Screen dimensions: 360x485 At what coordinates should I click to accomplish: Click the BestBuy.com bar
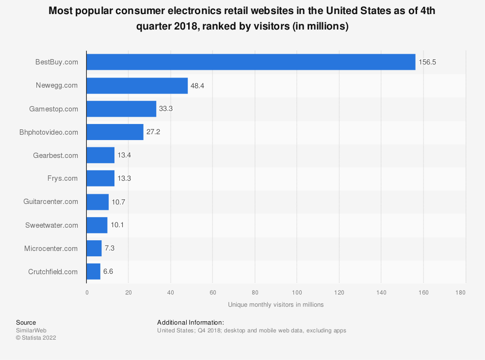coord(251,62)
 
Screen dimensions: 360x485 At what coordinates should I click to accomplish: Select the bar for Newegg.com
coord(137,86)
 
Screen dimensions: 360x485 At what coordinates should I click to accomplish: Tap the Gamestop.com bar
coord(121,109)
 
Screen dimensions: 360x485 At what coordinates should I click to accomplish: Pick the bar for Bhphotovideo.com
coord(115,132)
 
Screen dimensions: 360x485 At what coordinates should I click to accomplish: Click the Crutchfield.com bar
coord(93,272)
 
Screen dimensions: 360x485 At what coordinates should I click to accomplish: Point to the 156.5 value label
coord(428,62)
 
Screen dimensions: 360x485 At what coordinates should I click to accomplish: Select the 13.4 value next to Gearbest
coord(125,155)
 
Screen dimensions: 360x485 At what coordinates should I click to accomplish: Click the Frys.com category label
coord(63,178)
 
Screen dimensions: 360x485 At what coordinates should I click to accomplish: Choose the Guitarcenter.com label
coord(51,202)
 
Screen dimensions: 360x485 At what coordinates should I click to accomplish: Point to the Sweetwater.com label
coord(51,225)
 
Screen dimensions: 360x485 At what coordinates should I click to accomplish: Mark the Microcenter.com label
coord(51,249)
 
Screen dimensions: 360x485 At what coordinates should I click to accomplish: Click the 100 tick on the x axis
coord(297,293)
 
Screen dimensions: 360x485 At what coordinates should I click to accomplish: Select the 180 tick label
coord(460,293)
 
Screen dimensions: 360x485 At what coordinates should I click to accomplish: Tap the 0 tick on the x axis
coord(87,293)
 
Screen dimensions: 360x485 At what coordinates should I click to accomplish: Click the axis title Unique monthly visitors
coord(275,305)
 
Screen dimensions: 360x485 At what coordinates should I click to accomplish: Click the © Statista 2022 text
coord(36,338)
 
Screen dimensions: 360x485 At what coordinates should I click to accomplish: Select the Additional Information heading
coord(191,322)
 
